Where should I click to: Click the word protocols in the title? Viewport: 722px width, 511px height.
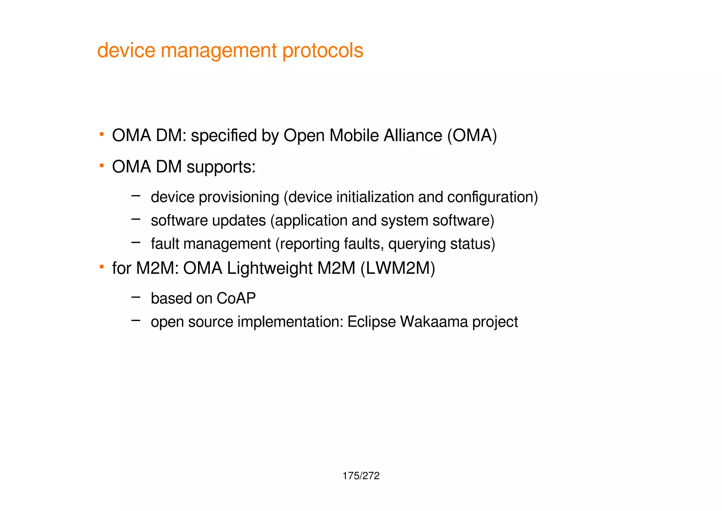pyautogui.click(x=323, y=50)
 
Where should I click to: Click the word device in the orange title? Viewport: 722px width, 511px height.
pyautogui.click(x=126, y=50)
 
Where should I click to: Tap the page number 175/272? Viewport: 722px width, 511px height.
pyautogui.click(x=361, y=476)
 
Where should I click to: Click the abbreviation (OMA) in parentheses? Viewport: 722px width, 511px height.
pyautogui.click(x=472, y=136)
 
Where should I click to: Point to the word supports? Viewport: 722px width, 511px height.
pyautogui.click(x=221, y=167)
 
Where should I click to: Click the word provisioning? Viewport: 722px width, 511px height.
pyautogui.click(x=239, y=197)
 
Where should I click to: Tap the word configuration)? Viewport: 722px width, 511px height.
pyautogui.click(x=492, y=197)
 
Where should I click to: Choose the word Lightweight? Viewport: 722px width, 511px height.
pyautogui.click(x=269, y=268)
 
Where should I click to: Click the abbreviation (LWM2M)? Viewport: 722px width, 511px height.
pyautogui.click(x=398, y=268)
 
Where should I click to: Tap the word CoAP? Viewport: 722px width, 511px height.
pyautogui.click(x=236, y=299)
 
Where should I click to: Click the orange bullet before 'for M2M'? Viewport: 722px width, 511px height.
pyautogui.click(x=102, y=266)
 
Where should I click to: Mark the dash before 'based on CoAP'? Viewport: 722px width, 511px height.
pyautogui.click(x=136, y=297)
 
